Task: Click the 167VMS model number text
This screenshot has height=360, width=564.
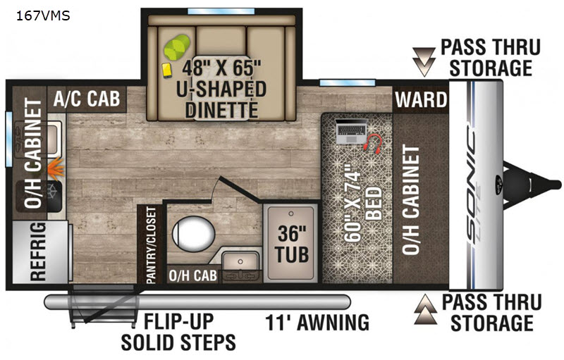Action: (x=43, y=15)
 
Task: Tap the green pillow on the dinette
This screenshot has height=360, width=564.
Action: (x=177, y=47)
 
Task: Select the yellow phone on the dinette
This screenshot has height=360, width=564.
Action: (x=167, y=70)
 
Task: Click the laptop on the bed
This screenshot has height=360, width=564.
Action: (x=351, y=131)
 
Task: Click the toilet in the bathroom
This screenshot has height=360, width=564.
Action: (x=193, y=234)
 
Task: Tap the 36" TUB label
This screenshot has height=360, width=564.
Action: (x=292, y=244)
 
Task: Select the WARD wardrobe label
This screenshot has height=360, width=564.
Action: (x=421, y=99)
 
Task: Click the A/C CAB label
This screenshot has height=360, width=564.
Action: (x=87, y=98)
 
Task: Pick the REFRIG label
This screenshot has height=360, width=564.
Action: (x=39, y=251)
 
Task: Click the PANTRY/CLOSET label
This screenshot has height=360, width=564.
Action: (x=152, y=245)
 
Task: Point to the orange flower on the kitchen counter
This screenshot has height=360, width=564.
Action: (x=56, y=168)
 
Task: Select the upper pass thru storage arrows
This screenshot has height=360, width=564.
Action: (x=424, y=61)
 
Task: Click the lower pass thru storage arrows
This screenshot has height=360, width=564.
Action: (x=425, y=309)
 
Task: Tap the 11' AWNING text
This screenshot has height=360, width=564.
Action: (x=317, y=322)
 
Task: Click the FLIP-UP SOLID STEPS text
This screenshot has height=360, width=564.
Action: (x=178, y=331)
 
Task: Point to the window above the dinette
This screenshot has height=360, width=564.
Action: (x=221, y=11)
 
